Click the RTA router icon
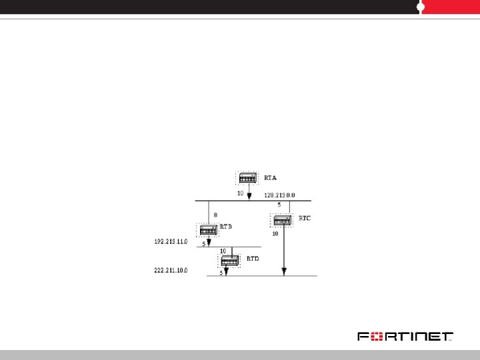[248, 178]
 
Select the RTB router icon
[209, 230]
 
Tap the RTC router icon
[282, 220]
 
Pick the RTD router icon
[230, 260]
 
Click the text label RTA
[270, 178]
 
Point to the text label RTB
[226, 227]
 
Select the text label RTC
[304, 218]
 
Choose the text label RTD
[253, 258]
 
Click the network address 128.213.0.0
[279, 195]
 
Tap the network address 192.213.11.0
[168, 240]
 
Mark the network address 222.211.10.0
[168, 271]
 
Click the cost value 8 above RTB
[215, 215]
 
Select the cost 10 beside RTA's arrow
[240, 193]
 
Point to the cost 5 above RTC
[279, 205]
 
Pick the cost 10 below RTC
[275, 234]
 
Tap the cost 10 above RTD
[223, 251]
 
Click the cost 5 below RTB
[203, 245]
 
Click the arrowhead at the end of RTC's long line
[284, 271]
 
